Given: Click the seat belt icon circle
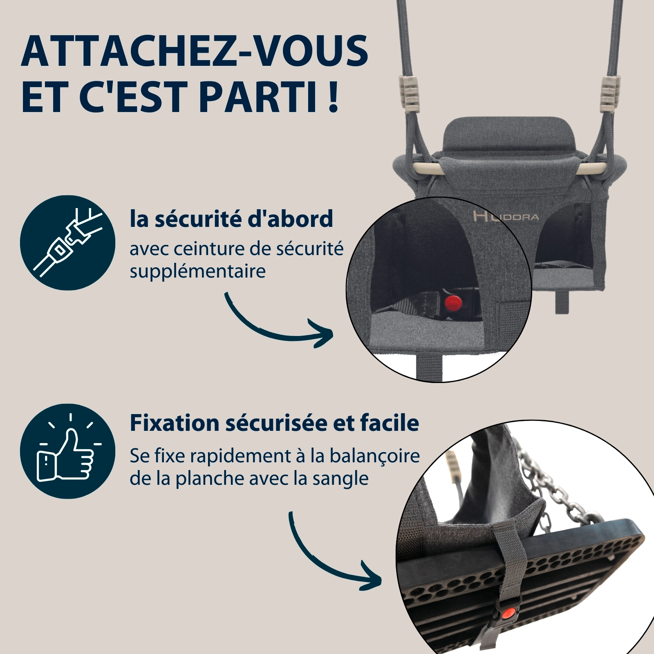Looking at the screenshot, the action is [67, 243].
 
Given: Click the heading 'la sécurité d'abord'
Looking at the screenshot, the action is [231, 219].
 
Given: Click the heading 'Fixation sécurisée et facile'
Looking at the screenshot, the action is [274, 423].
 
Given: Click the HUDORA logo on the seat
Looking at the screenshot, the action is [506, 216].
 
